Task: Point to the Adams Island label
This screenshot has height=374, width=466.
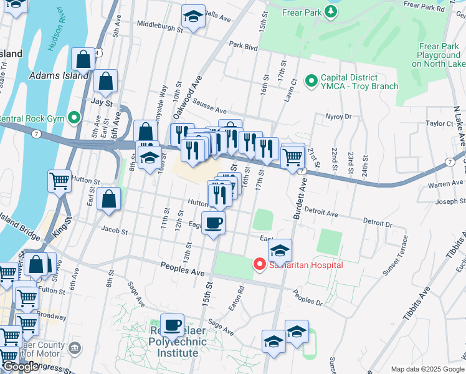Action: [x=59, y=75]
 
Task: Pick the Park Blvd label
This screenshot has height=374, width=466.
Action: [x=243, y=46]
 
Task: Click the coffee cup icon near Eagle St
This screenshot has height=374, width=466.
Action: [x=213, y=223]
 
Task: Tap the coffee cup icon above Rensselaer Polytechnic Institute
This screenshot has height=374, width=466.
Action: [x=172, y=324]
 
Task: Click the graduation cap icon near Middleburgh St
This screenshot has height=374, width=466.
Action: [x=194, y=17]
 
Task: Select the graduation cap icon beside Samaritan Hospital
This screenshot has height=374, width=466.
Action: [x=280, y=250]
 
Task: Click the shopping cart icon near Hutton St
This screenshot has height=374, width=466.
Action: [x=59, y=181]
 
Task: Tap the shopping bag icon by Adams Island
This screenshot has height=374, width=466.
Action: [x=83, y=60]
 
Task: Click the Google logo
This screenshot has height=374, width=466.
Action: [x=21, y=367]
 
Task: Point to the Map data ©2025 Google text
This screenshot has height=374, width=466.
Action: [x=427, y=369]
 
